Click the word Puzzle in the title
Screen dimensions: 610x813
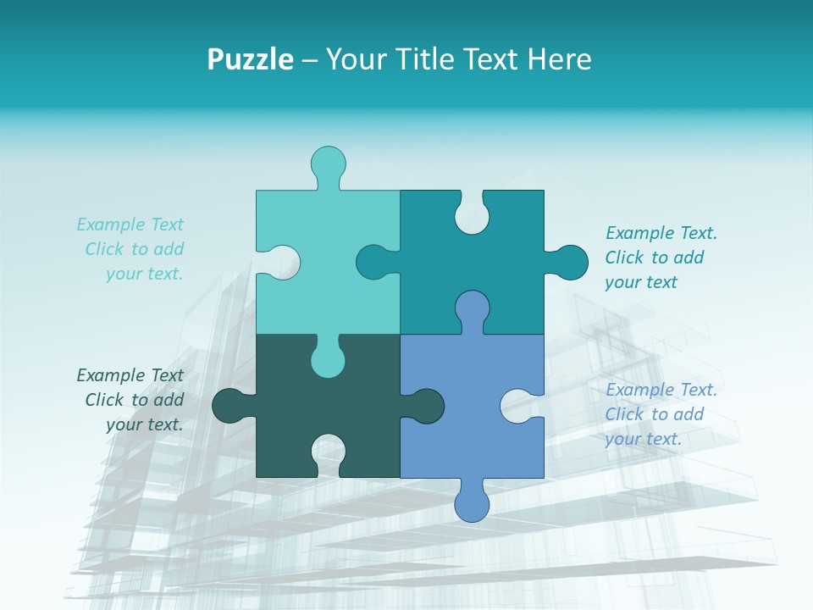pos(250,59)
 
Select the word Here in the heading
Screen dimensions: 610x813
pos(559,59)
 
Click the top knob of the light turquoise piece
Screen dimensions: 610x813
pos(329,163)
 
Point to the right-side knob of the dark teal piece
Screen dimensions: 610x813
pos(570,262)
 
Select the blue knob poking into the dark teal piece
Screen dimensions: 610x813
pos(472,308)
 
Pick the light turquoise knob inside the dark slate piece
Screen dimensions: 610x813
pos(328,359)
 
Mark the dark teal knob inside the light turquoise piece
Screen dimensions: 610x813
pos(373,262)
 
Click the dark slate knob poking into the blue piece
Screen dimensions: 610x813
pos(426,406)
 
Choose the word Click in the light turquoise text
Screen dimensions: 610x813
pos(106,249)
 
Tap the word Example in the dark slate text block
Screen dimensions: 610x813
pos(106,375)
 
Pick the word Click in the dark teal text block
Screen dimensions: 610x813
pos(625,258)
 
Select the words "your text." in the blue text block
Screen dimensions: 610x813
pos(643,439)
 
